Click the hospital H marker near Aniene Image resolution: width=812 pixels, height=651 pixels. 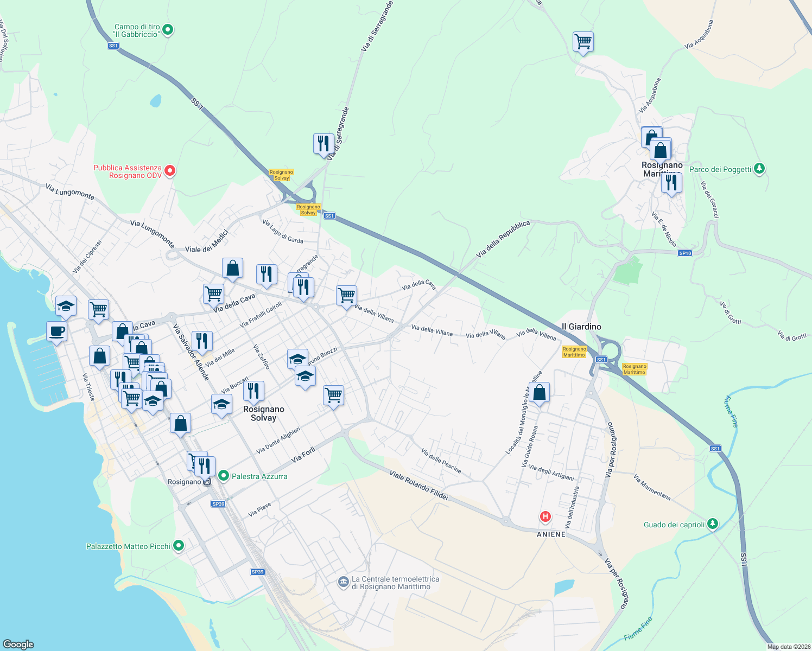(545, 516)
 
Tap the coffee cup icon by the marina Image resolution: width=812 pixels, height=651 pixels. (56, 331)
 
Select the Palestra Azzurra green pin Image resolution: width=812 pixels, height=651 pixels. (223, 476)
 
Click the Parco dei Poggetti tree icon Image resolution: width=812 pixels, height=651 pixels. (759, 169)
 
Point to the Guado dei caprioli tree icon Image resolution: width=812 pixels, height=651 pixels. (713, 524)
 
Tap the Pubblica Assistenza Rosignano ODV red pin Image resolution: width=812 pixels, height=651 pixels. (170, 171)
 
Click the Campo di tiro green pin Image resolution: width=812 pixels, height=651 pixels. (168, 30)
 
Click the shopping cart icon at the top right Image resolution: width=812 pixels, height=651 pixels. (583, 41)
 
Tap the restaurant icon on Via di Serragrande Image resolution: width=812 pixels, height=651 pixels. (323, 144)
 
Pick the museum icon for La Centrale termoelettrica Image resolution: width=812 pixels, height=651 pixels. (342, 582)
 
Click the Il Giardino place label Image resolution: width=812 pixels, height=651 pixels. (581, 327)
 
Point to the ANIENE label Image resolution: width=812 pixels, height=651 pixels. (551, 534)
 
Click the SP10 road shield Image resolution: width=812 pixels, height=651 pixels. (685, 253)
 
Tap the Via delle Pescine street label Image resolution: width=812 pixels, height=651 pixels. (441, 461)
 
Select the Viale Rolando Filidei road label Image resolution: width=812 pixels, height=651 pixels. (418, 485)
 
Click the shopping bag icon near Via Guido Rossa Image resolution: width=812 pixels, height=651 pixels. (539, 392)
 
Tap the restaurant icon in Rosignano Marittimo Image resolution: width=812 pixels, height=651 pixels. (671, 183)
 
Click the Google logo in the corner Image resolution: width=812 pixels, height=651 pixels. (18, 644)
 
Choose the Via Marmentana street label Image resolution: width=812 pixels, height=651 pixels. (652, 487)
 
